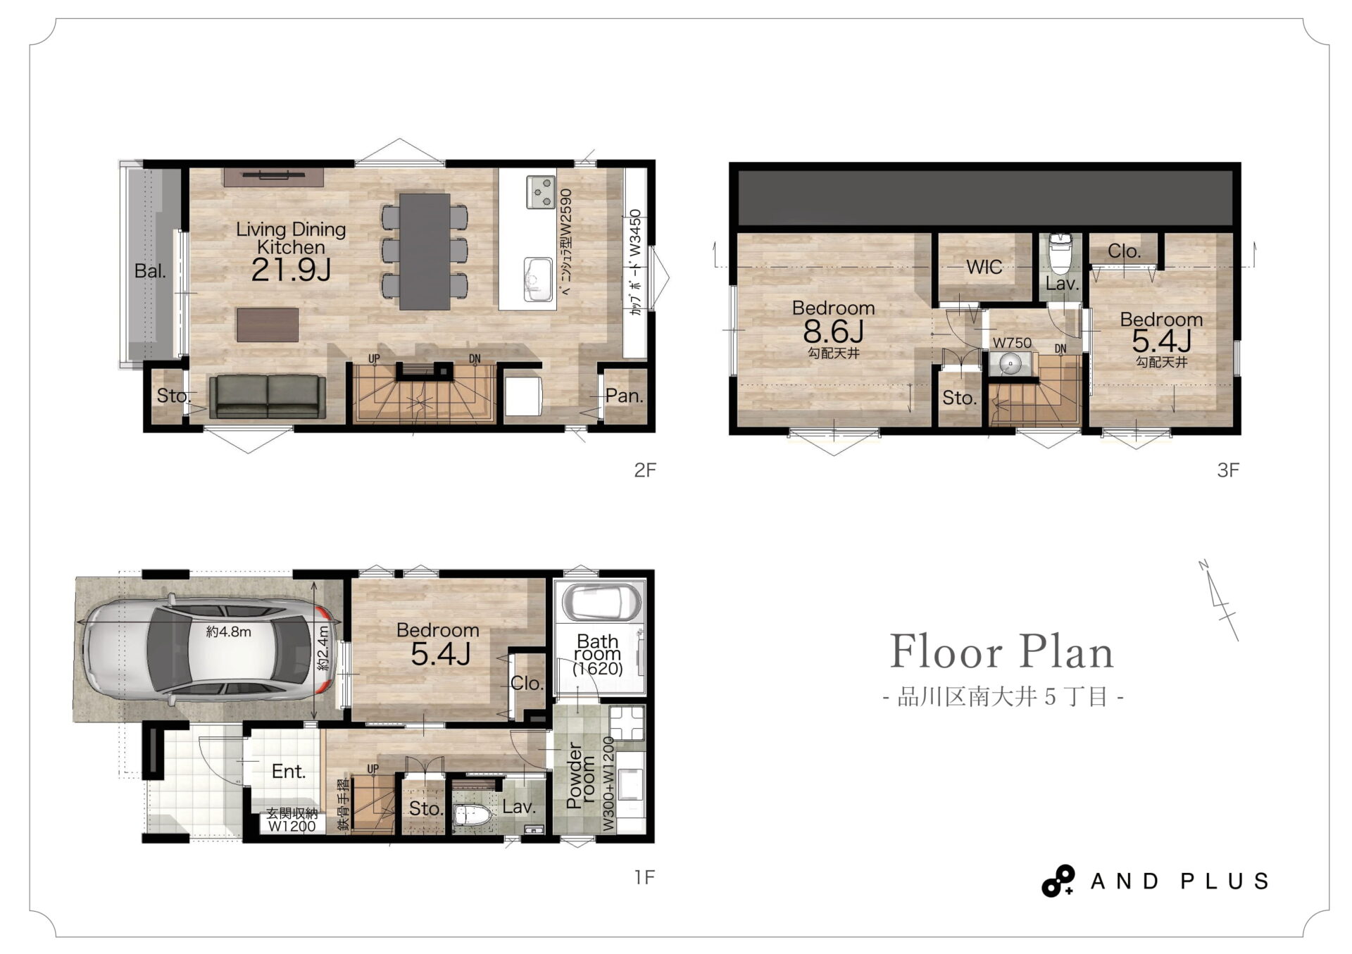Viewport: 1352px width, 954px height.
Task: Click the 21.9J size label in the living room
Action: [x=291, y=270]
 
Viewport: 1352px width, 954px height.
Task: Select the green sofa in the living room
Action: [x=268, y=397]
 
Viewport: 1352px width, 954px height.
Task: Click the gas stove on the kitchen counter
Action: [x=541, y=192]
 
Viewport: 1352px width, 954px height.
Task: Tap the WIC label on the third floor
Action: [x=984, y=267]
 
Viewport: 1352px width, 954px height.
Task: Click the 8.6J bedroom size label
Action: [x=834, y=330]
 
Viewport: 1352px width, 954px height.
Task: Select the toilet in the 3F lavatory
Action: [x=1060, y=253]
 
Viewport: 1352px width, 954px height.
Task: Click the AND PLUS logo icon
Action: [x=1058, y=881]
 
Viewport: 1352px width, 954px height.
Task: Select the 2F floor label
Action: [x=645, y=470]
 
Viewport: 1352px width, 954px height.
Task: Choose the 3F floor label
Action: [x=1228, y=470]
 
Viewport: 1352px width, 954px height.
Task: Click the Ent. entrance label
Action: [x=289, y=772]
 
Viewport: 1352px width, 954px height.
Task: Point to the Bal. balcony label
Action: [x=150, y=271]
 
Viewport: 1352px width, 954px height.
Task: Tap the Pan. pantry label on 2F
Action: [x=625, y=396]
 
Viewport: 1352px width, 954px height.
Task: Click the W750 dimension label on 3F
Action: [x=1012, y=343]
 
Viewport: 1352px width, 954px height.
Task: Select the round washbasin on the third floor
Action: [x=1010, y=365]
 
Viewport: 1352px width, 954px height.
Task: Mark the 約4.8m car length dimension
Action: [x=229, y=632]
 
